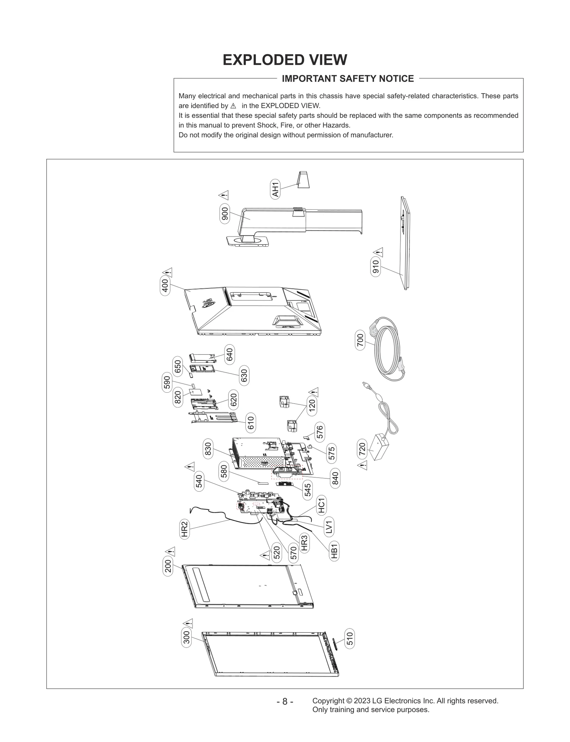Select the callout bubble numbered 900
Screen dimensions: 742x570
coord(225,214)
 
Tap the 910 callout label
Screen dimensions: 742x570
coord(376,267)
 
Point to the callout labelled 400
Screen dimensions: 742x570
coord(165,286)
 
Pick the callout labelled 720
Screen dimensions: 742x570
coord(362,449)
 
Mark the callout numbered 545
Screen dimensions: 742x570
coord(308,490)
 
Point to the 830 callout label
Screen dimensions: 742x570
coord(208,449)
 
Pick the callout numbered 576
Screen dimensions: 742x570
coord(320,432)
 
